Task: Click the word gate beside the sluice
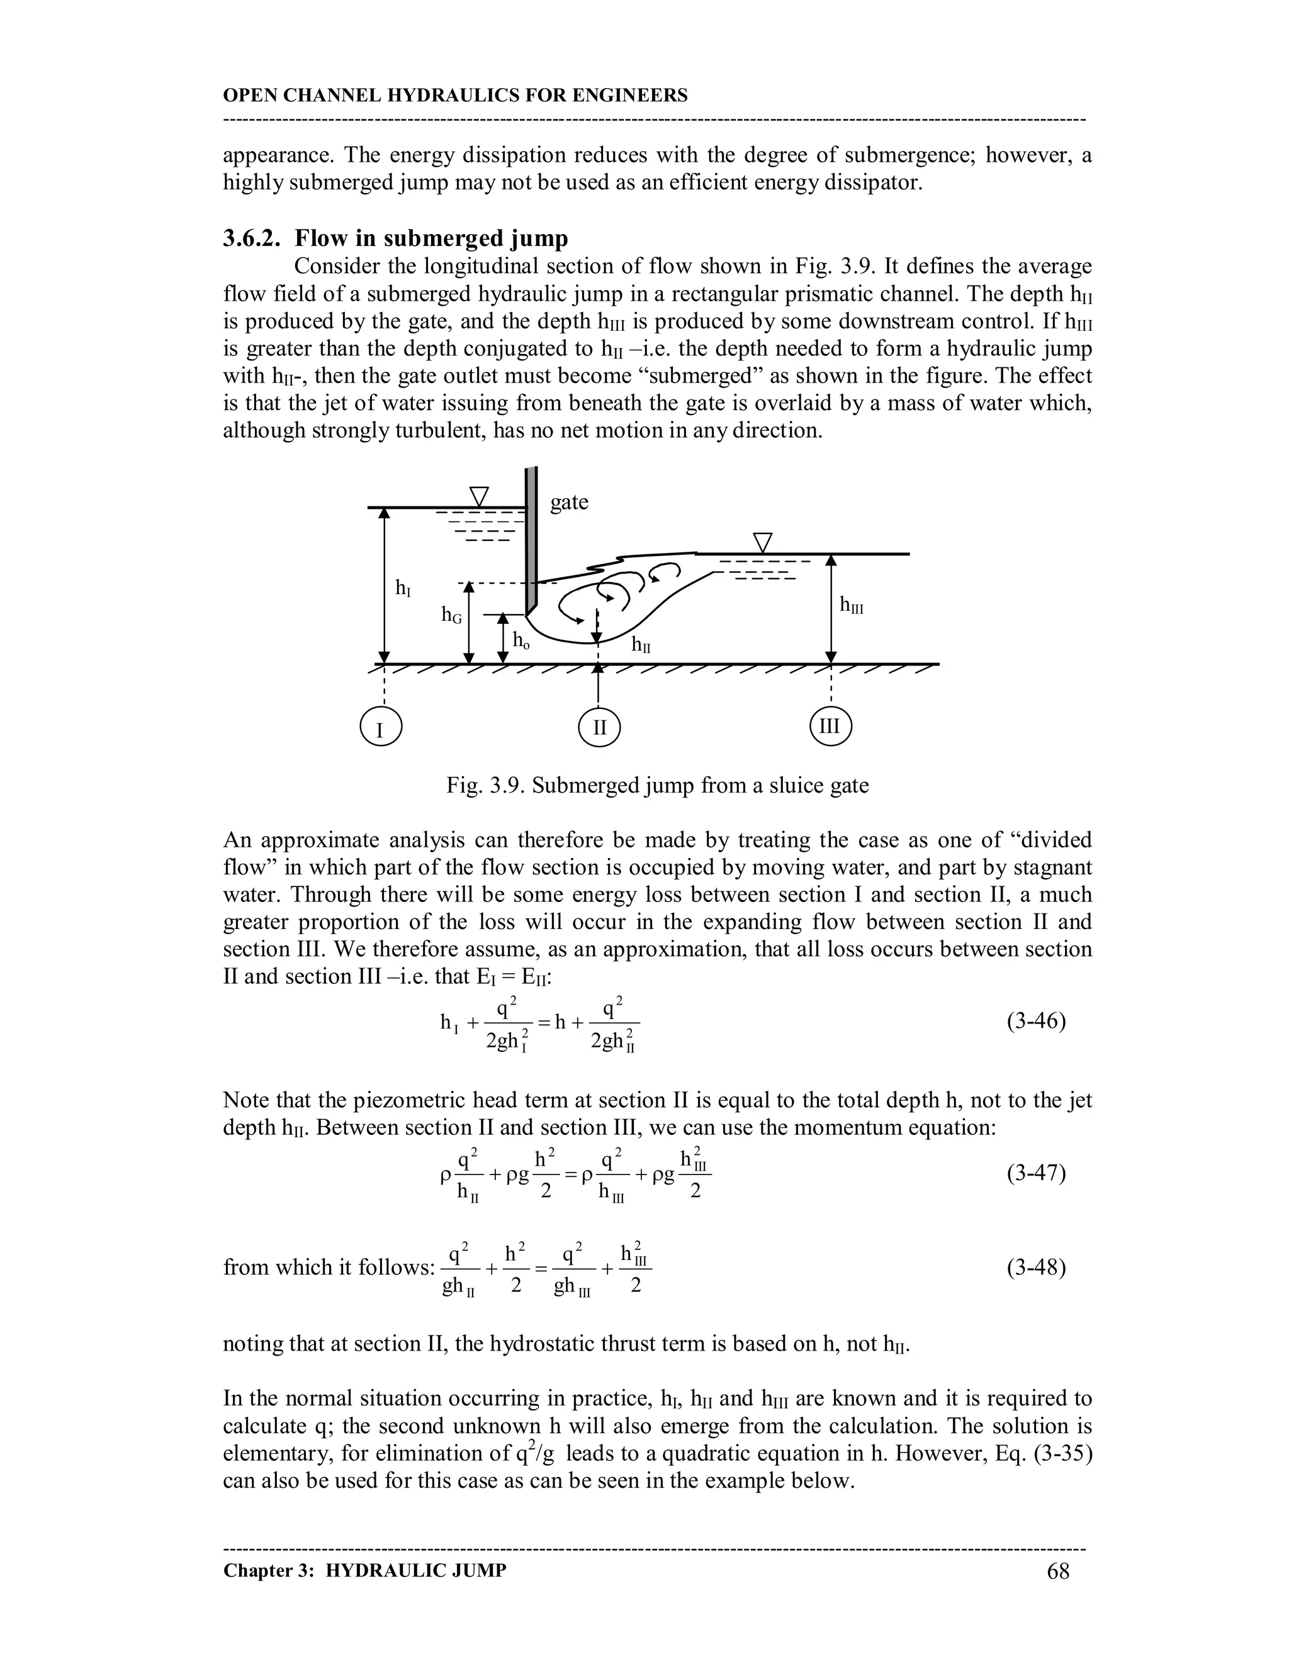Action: click(569, 502)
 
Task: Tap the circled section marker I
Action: click(380, 727)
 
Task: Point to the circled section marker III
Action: click(830, 726)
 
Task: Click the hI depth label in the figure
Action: click(402, 588)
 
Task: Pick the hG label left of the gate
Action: click(451, 615)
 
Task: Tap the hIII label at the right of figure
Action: click(852, 606)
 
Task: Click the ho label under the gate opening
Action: click(521, 641)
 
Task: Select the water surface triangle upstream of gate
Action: click(479, 496)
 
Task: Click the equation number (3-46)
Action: click(1036, 1020)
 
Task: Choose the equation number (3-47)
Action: click(1036, 1172)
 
